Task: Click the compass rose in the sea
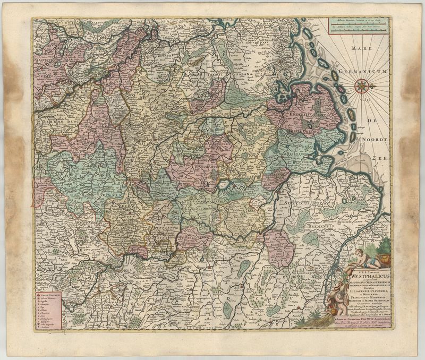pos(362,84)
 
